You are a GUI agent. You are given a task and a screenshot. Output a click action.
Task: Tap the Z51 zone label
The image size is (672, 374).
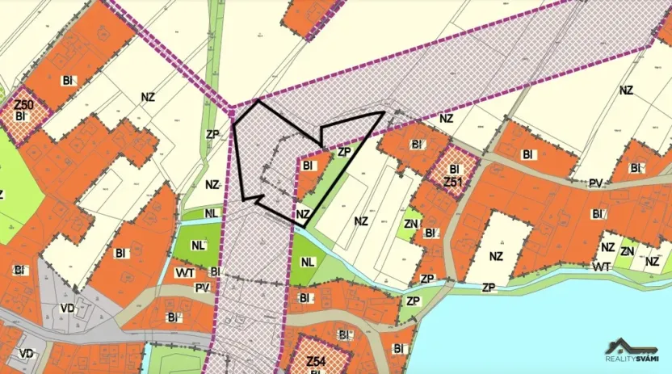[452, 182]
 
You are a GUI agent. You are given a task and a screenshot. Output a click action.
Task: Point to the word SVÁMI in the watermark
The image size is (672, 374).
[645, 359]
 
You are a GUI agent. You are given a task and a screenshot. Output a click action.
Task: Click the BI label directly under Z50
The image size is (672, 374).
[22, 118]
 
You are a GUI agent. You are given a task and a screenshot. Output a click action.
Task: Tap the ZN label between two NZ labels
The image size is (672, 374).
[627, 251]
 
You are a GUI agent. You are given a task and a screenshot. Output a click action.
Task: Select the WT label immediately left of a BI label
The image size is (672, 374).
[184, 272]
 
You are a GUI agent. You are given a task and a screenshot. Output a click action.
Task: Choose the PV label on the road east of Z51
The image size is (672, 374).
[596, 183]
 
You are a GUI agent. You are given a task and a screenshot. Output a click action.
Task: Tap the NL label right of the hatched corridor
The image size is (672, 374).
[308, 262]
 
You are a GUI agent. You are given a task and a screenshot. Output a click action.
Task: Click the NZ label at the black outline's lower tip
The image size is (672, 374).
[303, 214]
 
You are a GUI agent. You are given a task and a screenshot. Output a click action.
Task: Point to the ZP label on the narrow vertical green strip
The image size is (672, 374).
[212, 134]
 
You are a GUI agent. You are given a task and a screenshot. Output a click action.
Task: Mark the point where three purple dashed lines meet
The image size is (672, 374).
[232, 107]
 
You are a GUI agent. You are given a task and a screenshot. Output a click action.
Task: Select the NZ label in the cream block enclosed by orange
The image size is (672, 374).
[497, 257]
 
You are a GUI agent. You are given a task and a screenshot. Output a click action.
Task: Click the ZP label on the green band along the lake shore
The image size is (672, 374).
[488, 288]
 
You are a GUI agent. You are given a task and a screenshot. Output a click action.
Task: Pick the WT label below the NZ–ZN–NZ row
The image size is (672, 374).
[600, 266]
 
